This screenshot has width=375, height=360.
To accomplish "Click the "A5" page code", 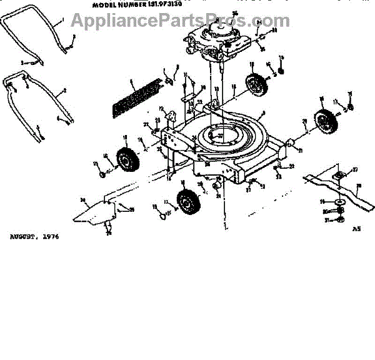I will (x=356, y=229).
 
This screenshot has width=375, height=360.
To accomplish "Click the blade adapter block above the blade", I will (x=337, y=176).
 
